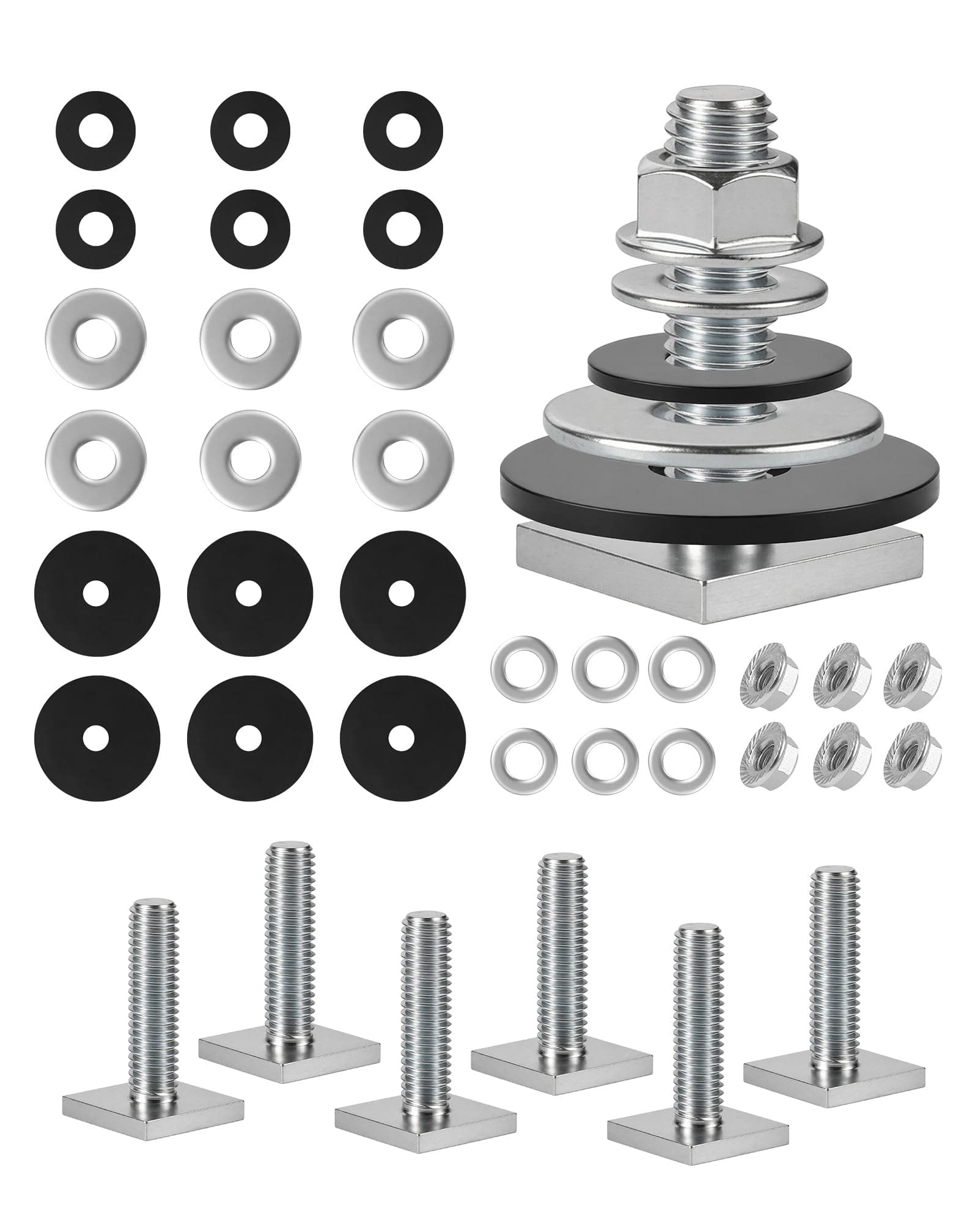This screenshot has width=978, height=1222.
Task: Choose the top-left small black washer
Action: (95, 131)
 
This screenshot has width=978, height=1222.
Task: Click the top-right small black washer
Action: (403, 131)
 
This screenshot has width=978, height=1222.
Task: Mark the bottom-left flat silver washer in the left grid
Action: (95, 455)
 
